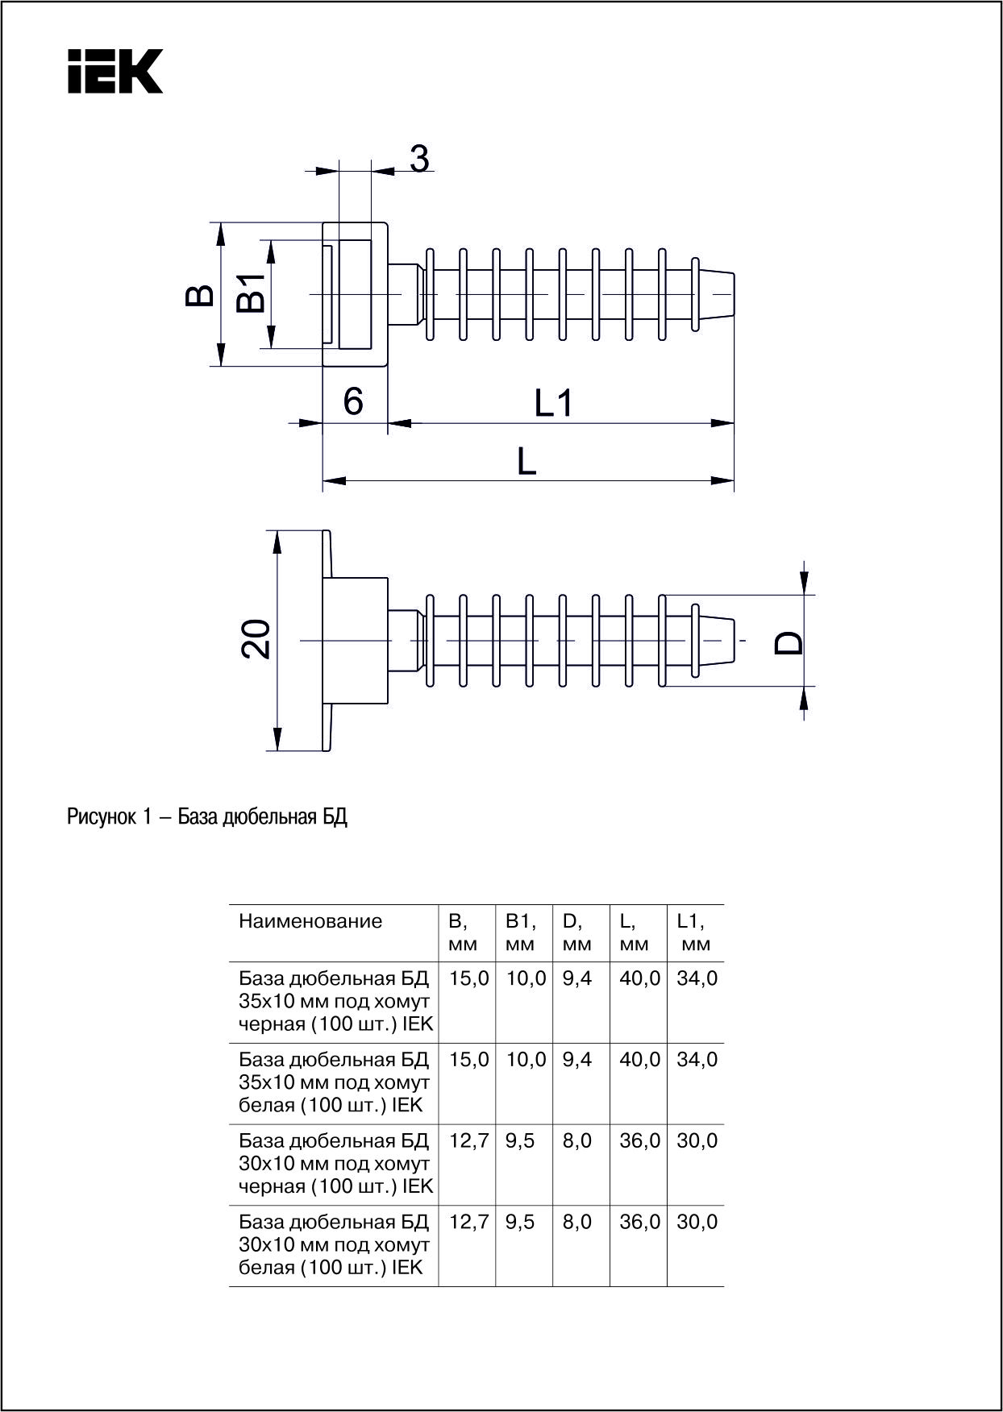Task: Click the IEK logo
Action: [x=115, y=72]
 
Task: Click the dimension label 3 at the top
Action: [x=419, y=159]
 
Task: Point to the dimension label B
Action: [x=200, y=295]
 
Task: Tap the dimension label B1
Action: [x=251, y=293]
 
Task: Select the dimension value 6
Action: [x=353, y=401]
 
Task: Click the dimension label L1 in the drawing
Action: [x=554, y=403]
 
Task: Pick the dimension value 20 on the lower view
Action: [x=257, y=640]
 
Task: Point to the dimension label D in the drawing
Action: [x=789, y=642]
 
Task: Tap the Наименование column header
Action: [x=310, y=921]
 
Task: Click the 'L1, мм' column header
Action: [x=693, y=932]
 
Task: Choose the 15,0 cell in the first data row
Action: [x=468, y=979]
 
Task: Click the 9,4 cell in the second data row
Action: [x=577, y=1060]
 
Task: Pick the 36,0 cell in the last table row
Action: [x=639, y=1222]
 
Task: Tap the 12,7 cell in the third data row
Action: [x=468, y=1141]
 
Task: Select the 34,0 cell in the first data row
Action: [x=697, y=979]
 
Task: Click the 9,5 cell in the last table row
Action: [x=520, y=1222]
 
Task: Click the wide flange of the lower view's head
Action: [x=327, y=641]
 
